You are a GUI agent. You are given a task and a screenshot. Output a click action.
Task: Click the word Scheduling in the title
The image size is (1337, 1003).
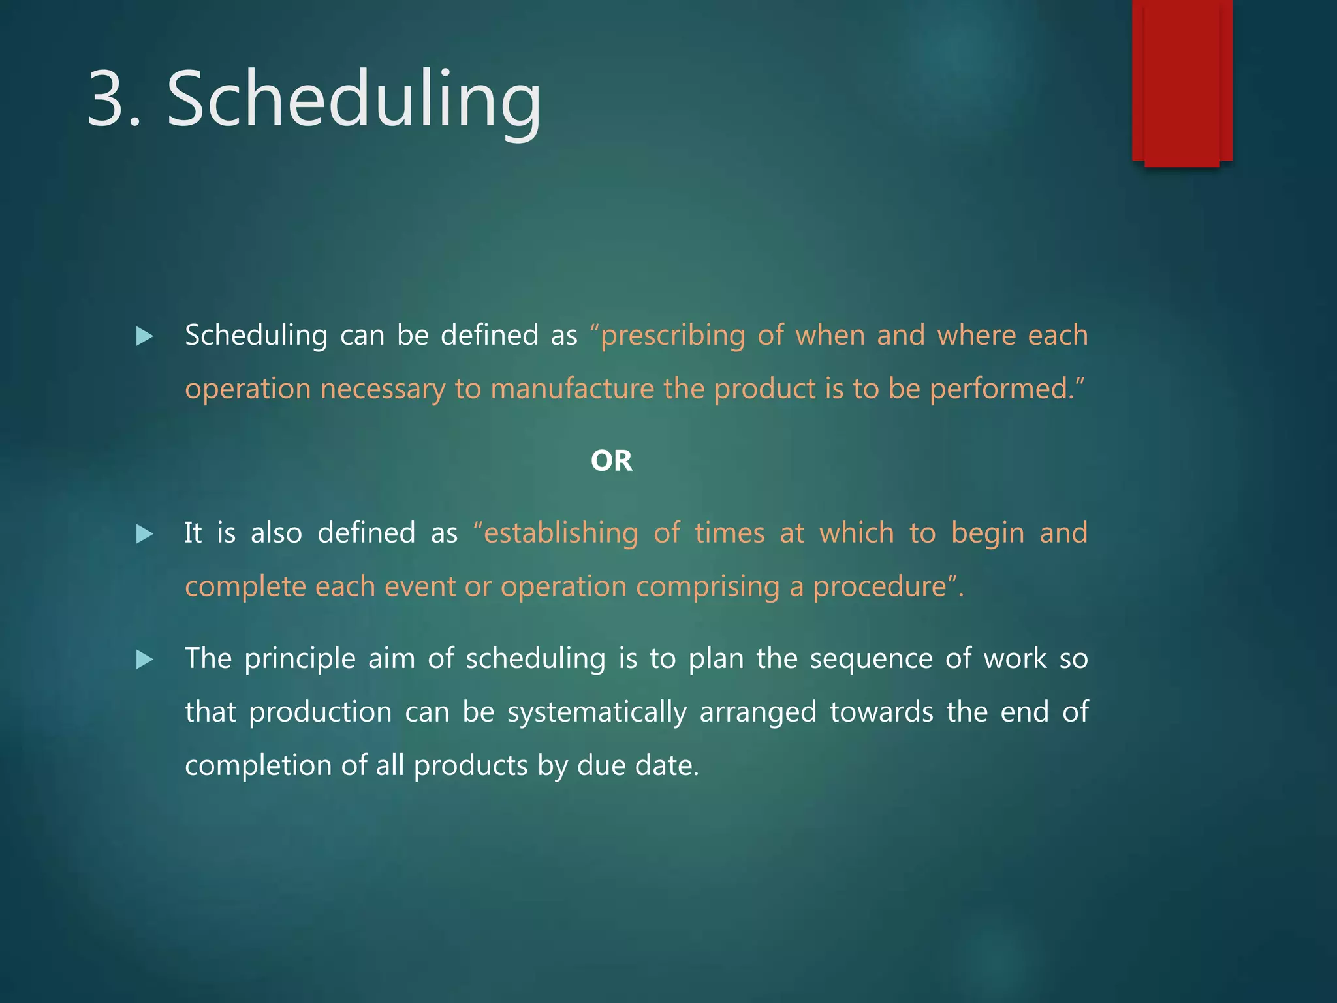354,99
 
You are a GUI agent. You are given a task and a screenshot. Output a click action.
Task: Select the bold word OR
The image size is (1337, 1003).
611,461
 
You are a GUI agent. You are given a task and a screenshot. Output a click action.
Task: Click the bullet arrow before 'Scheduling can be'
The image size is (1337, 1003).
144,337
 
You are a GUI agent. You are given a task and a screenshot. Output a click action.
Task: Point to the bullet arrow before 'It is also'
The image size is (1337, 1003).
144,535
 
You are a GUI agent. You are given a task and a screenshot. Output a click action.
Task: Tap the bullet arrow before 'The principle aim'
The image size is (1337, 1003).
144,660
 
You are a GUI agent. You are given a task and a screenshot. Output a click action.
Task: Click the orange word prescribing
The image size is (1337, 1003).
672,336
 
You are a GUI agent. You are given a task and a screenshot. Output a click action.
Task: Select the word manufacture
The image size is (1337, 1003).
572,389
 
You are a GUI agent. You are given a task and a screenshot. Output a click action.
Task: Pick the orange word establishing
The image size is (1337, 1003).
560,533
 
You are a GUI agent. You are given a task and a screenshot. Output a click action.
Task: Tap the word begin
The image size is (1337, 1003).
987,533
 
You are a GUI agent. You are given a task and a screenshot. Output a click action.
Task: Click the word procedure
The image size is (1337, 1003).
879,587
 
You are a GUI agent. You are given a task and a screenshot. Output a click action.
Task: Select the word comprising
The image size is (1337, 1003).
708,587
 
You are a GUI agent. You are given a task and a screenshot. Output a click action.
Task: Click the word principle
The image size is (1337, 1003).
300,659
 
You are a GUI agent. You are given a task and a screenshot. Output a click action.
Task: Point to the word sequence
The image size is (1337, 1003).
871,659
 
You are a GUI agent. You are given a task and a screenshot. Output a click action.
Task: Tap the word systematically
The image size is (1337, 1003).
597,712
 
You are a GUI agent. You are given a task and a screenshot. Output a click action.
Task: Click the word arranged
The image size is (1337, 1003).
757,712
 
